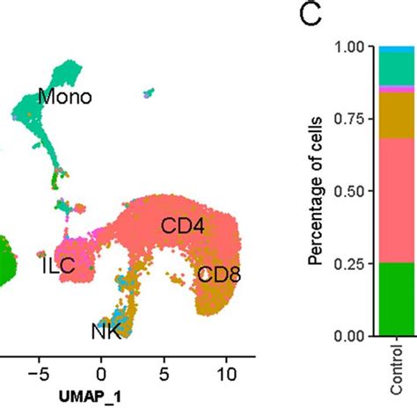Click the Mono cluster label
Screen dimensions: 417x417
point(64,97)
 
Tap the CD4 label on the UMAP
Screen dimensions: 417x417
point(182,227)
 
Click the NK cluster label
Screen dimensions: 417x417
point(106,331)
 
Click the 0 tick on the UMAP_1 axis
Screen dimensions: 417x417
point(101,372)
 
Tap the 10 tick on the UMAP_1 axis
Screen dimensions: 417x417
point(225,372)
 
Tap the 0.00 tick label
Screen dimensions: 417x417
point(349,336)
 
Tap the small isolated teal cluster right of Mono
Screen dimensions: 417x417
point(151,91)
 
